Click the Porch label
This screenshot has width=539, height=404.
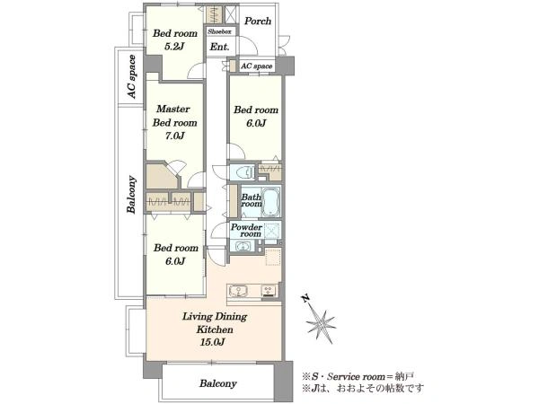[x=258, y=22]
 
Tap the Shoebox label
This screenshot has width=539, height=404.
[x=219, y=31]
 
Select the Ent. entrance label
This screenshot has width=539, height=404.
[x=219, y=47]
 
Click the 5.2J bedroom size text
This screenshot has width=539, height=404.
[x=174, y=47]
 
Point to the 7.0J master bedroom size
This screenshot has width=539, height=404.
[x=174, y=136]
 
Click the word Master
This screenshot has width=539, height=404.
[x=172, y=110]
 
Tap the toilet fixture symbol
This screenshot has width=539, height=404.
[x=243, y=171]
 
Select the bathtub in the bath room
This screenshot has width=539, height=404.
[x=271, y=202]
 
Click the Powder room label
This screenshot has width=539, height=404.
[x=246, y=230]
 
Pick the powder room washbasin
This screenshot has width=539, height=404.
[x=243, y=246]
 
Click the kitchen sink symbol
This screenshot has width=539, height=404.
[x=238, y=291]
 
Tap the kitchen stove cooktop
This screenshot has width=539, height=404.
[x=269, y=291]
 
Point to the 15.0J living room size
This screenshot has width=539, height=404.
[x=213, y=342]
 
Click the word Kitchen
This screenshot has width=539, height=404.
[x=215, y=329]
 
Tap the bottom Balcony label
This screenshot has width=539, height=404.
[x=218, y=383]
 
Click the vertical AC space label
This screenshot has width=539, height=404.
[x=131, y=76]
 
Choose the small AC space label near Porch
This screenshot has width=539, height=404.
[x=256, y=66]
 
